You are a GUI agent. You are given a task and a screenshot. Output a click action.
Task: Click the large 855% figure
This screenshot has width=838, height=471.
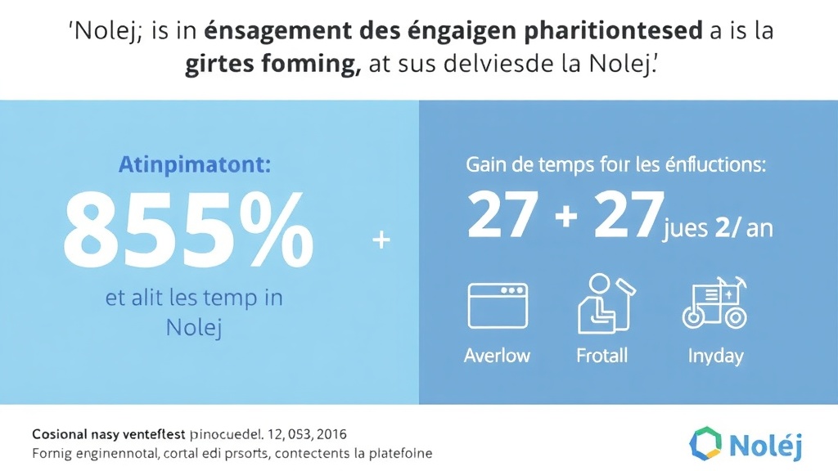(188, 232)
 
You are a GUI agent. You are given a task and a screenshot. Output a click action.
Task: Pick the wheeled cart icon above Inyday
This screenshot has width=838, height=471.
(714, 305)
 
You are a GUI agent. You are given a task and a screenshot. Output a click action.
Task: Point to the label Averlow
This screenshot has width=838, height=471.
(497, 356)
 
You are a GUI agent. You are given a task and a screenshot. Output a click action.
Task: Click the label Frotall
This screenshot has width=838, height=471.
(602, 356)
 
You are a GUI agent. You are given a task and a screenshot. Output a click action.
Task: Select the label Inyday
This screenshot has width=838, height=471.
(714, 356)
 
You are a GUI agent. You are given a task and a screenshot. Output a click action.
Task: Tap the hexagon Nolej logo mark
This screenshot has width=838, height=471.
(705, 444)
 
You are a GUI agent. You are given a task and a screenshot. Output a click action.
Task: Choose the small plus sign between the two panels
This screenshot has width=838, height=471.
(381, 240)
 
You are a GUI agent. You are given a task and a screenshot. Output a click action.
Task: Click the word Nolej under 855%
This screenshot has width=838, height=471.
(194, 328)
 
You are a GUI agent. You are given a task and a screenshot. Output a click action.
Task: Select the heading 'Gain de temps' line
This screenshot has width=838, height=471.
(616, 164)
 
